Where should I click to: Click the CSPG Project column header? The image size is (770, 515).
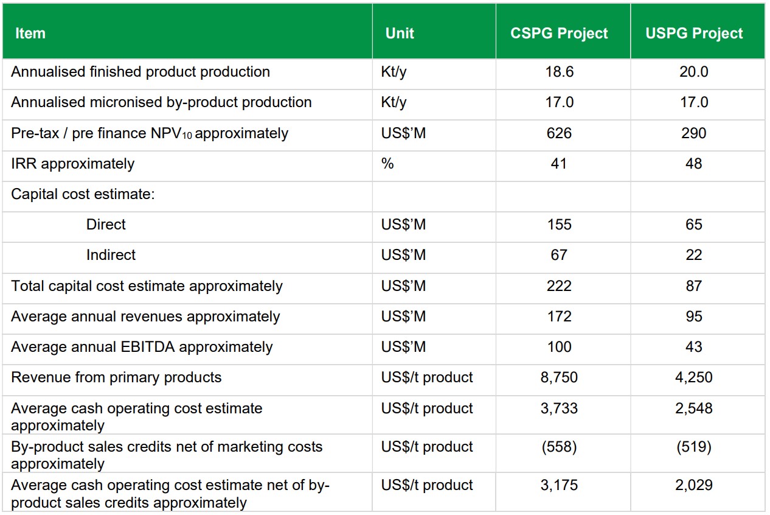[x=559, y=33]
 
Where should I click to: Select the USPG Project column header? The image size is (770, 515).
[x=694, y=33]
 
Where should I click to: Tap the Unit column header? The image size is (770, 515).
[x=400, y=33]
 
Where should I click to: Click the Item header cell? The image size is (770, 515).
[x=30, y=33]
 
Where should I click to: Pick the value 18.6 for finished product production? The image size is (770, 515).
[x=559, y=72]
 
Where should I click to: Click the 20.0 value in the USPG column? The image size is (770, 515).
[x=694, y=72]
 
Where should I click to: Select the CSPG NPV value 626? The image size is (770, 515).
[x=559, y=133]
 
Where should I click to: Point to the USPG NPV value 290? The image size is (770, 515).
[x=694, y=133]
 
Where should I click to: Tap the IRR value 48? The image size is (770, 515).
[x=694, y=164]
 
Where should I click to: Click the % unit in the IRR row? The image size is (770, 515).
[x=387, y=164]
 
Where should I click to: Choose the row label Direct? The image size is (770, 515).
[x=106, y=225]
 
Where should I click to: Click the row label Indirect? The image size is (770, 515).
[x=111, y=255]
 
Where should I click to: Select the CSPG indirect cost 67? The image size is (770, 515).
[x=559, y=255]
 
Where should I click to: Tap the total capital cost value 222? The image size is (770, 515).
[x=559, y=286]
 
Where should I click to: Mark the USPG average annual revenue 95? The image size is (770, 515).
[x=694, y=317]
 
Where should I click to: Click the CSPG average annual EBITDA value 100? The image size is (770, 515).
[x=559, y=347]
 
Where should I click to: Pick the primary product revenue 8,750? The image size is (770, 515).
[x=559, y=377]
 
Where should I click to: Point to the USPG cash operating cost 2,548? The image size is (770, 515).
[x=694, y=408]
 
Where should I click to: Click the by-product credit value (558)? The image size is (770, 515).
[x=559, y=447]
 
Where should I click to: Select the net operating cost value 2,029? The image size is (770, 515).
[x=694, y=485]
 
